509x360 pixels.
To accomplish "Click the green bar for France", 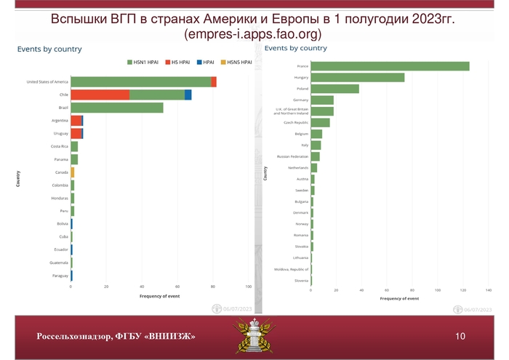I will [x=390, y=66].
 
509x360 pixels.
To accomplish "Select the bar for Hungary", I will [x=357, y=77].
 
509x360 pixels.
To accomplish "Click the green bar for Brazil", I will [x=116, y=108].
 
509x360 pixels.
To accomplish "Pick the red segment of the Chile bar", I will [x=100, y=95].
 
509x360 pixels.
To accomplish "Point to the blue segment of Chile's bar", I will [x=188, y=95].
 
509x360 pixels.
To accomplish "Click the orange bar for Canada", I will [x=73, y=172].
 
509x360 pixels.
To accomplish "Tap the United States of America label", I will [x=47, y=81].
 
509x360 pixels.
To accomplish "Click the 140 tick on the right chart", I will [x=489, y=291].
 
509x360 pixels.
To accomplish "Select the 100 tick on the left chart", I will [x=249, y=287].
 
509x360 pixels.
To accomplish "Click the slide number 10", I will [x=460, y=336].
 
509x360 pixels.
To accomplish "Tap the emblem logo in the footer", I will [x=254, y=336].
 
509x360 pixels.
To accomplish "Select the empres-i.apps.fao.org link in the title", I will [x=253, y=33].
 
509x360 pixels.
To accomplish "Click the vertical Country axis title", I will [x=18, y=179].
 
